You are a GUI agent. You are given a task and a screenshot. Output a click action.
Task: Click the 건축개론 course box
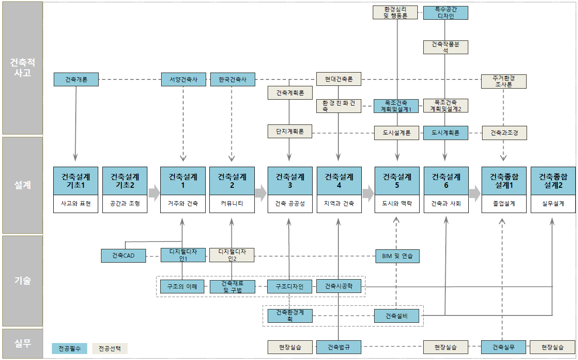(76, 79)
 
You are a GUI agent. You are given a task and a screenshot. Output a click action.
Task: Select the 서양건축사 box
(183, 79)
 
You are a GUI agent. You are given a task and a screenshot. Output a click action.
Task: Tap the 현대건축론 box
(339, 79)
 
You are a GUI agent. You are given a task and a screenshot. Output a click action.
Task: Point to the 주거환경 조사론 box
(504, 81)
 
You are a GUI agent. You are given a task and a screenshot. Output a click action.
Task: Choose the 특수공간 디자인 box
(445, 13)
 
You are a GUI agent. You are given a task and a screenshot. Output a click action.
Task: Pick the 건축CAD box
(123, 255)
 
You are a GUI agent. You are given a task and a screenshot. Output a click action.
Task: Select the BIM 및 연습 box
(397, 255)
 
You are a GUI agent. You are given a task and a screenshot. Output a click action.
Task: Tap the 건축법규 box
(339, 347)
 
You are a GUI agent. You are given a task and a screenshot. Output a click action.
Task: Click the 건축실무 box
(503, 347)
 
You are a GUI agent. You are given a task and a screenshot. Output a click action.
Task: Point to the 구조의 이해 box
(183, 287)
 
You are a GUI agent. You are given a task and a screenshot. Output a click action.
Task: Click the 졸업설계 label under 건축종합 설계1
(504, 204)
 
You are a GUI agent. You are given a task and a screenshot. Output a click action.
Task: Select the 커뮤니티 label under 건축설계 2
(232, 204)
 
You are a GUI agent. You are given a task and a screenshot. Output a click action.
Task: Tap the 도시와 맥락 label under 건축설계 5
(397, 204)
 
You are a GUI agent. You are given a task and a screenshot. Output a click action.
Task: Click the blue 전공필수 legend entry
(69, 349)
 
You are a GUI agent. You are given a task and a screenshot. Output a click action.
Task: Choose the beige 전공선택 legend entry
(110, 349)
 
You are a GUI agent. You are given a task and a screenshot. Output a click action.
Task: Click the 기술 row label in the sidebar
(22, 281)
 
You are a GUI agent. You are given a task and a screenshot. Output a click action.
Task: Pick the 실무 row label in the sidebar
(22, 343)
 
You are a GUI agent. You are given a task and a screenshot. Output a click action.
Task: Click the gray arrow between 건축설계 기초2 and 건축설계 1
(154, 193)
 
